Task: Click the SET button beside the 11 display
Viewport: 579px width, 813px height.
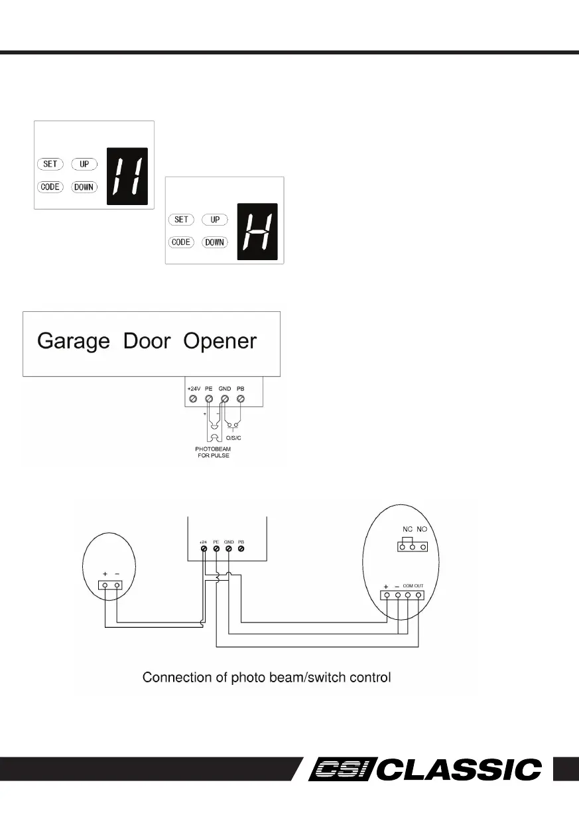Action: tap(50, 164)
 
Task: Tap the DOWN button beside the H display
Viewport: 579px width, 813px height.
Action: tap(214, 242)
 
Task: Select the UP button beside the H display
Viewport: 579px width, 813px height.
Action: tap(214, 220)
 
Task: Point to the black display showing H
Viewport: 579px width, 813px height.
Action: tap(257, 232)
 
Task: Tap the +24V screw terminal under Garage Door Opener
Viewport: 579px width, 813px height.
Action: tap(193, 398)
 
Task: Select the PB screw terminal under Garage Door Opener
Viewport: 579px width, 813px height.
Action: tap(240, 398)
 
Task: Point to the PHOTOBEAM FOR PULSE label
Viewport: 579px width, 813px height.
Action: tap(213, 453)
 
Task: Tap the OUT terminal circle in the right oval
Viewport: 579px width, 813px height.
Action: tap(419, 595)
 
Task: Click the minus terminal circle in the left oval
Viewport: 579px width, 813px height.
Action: tap(117, 585)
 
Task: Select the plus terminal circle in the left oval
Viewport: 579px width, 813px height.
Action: tap(105, 585)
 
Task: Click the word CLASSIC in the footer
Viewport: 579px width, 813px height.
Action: tap(462, 770)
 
